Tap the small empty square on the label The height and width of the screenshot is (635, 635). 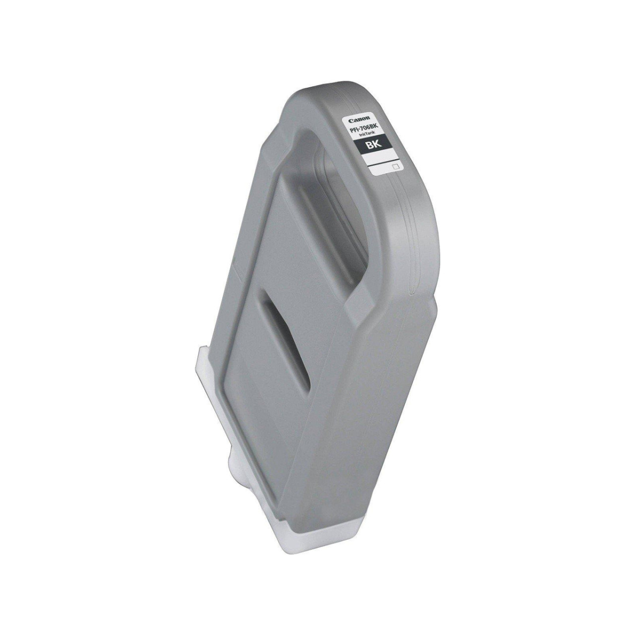tap(396, 167)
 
